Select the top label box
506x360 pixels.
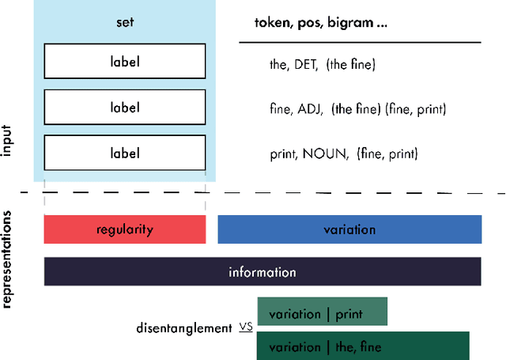pos(125,60)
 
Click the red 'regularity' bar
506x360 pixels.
pos(125,229)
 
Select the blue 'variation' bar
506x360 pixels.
pos(349,229)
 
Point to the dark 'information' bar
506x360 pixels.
pos(262,272)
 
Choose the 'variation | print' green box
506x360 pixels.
pos(322,314)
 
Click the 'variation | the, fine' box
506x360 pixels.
pos(363,347)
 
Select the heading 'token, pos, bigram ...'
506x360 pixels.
pos(320,23)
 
